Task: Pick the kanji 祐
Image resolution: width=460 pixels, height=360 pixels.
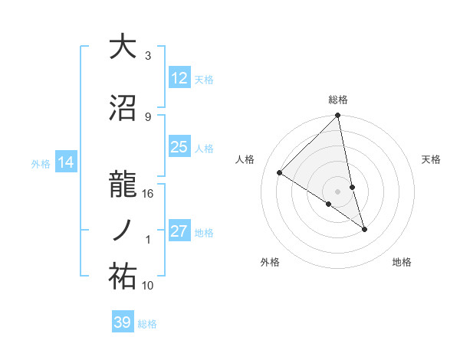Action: point(123,277)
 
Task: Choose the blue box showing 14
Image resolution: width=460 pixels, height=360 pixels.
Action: point(66,162)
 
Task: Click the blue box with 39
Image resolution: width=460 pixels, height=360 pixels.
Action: point(123,322)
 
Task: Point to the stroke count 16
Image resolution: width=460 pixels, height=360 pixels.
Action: point(148,194)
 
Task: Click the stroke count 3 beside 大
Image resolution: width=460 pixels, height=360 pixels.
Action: point(148,56)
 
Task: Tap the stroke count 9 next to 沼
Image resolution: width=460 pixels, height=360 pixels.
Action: point(148,117)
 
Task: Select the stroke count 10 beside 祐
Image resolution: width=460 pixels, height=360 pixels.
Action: point(148,286)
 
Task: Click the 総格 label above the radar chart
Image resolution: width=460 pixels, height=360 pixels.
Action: point(338,100)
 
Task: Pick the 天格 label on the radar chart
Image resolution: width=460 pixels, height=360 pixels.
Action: point(431,159)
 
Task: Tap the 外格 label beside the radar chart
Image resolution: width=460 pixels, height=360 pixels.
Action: point(270,262)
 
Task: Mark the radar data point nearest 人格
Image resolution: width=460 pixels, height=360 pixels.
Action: point(280,173)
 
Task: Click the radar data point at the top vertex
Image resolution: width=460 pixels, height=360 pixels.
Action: point(338,116)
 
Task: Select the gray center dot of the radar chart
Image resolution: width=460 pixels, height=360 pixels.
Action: point(338,191)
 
